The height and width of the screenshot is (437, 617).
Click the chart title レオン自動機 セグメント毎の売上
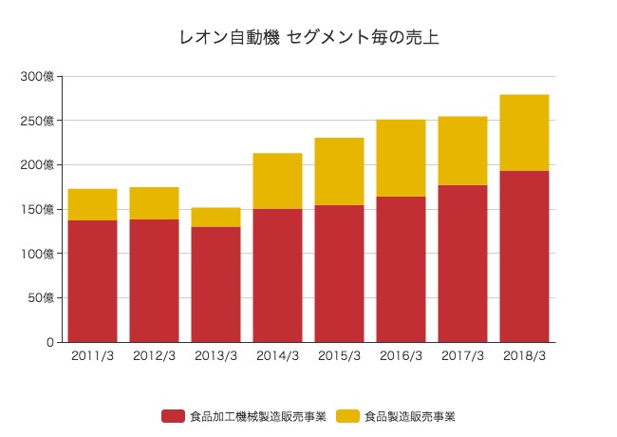coord(308,38)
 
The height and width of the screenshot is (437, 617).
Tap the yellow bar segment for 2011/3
coord(93,204)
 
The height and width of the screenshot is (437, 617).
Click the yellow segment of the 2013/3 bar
coord(216,217)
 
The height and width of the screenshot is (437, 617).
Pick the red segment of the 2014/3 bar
coord(278,275)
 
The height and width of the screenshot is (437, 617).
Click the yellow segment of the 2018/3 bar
coord(525,132)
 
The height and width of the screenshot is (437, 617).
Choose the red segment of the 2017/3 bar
coord(463,263)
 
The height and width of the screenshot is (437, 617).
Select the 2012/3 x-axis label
coord(154,355)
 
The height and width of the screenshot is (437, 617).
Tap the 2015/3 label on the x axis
coord(340,355)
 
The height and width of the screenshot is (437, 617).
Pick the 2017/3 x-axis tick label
coord(463,355)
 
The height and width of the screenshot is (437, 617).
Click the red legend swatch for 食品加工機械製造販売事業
coord(173,416)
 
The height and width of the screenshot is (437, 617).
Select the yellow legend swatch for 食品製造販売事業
coord(349,416)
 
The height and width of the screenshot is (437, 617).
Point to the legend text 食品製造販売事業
coord(410,416)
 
